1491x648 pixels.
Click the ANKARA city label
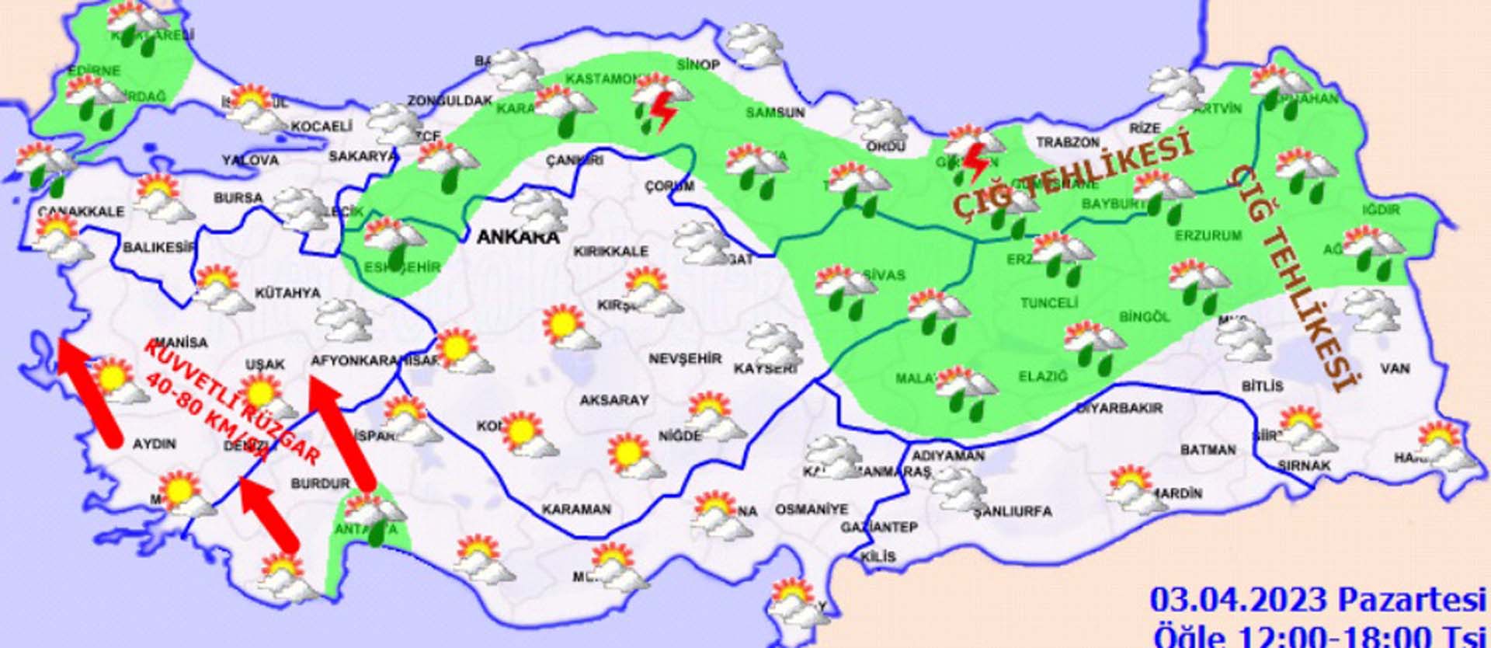click(x=517, y=236)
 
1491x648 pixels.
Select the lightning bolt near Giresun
click(x=975, y=162)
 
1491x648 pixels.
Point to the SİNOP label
click(x=698, y=64)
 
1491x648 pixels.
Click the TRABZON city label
click(x=1068, y=142)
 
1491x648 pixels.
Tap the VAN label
click(x=1395, y=368)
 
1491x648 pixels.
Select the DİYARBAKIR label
click(x=1119, y=408)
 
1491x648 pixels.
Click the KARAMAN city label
click(x=576, y=510)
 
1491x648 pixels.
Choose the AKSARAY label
click(x=613, y=400)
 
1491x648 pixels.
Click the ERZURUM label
click(x=1208, y=235)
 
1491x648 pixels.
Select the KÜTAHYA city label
click(x=287, y=293)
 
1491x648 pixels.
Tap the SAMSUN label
click(x=775, y=113)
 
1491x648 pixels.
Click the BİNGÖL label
click(x=1144, y=317)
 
